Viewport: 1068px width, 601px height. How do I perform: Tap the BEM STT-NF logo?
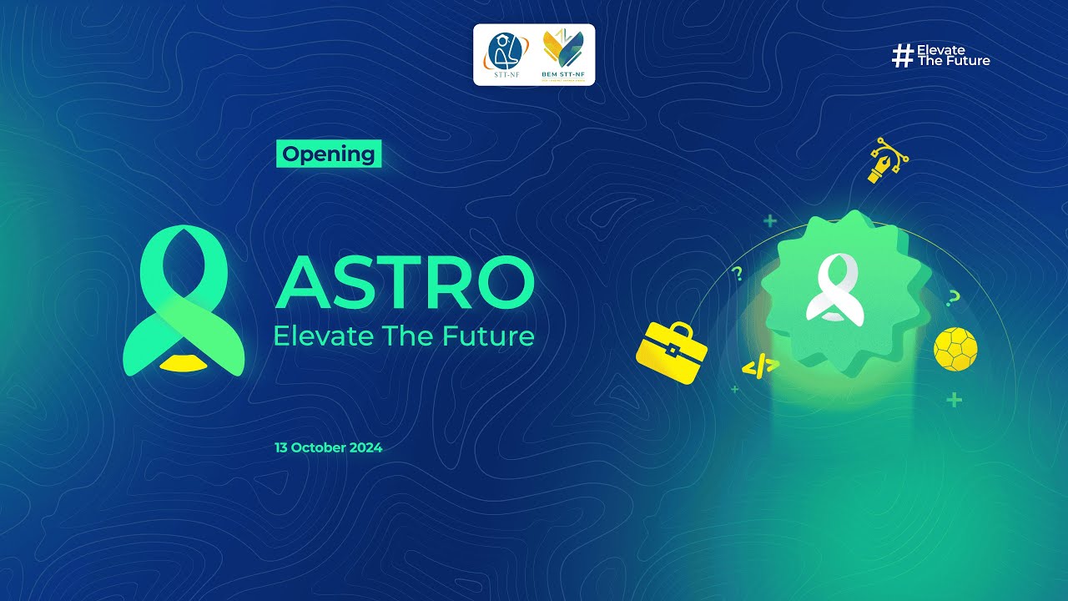tap(563, 52)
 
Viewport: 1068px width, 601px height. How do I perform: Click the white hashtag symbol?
tap(902, 56)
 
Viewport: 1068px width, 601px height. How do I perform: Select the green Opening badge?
tap(329, 154)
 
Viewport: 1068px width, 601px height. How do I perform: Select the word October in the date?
tap(319, 447)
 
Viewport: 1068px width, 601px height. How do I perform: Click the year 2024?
tap(366, 447)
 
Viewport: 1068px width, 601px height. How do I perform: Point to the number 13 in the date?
tap(281, 447)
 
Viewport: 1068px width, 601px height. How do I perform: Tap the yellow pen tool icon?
tap(885, 161)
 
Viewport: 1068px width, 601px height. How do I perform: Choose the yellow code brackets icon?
tap(760, 366)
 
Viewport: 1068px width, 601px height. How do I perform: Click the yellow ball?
tap(955, 349)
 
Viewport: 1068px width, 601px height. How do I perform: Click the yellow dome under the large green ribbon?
tap(184, 362)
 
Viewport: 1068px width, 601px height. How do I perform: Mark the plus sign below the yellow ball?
tap(954, 401)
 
